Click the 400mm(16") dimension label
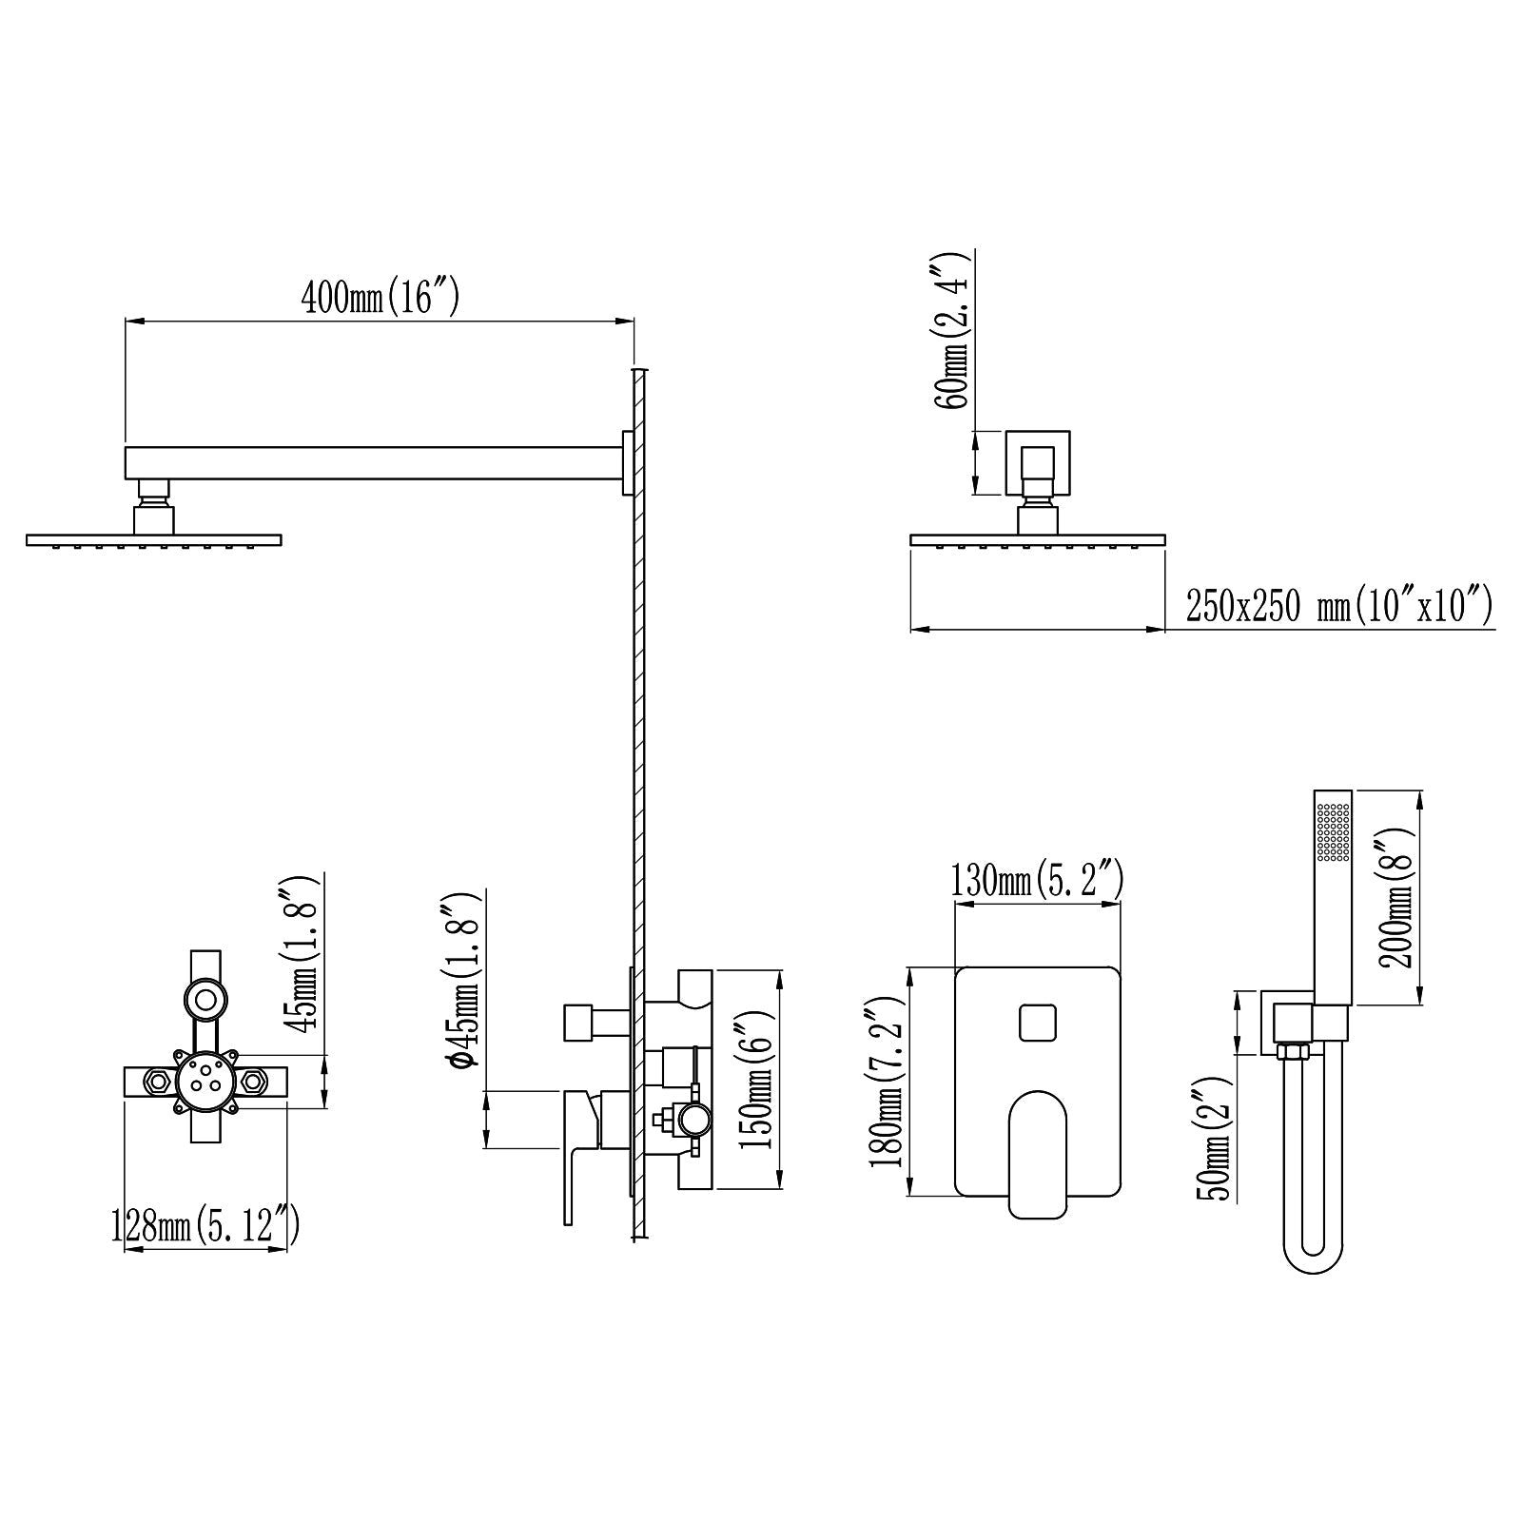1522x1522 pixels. (x=380, y=298)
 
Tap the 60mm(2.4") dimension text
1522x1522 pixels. (x=953, y=330)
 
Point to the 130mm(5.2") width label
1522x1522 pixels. (x=1038, y=880)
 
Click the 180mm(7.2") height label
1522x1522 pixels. (x=888, y=1083)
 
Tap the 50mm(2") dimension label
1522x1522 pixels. (x=1219, y=1139)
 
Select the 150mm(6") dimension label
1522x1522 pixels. (x=760, y=1079)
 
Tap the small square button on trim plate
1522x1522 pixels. (x=1038, y=1023)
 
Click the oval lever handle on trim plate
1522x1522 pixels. (x=1038, y=1153)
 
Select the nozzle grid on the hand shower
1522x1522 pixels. (x=1333, y=832)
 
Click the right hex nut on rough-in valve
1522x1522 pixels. (x=254, y=1082)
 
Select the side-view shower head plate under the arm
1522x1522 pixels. (x=154, y=540)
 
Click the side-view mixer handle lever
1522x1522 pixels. (x=577, y=1156)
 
